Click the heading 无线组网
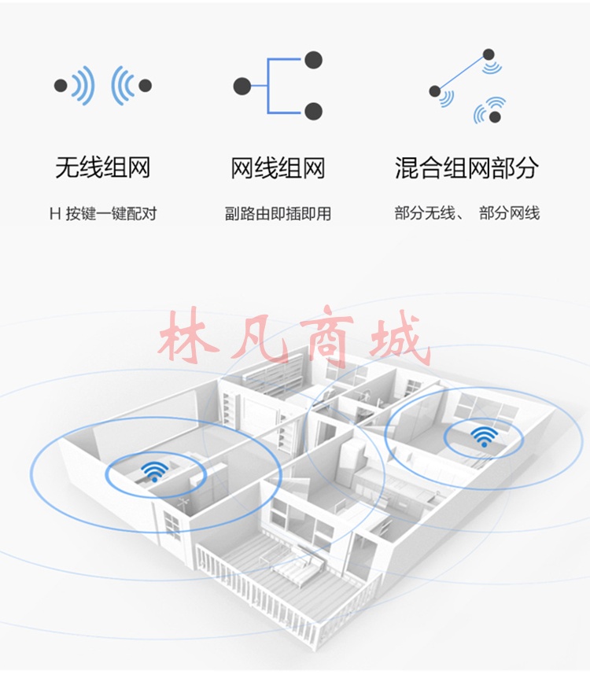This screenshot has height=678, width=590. (103, 168)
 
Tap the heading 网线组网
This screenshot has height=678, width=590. (278, 168)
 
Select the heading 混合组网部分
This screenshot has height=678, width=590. (466, 168)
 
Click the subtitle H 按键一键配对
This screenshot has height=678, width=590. (103, 214)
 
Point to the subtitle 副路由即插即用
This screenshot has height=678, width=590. (278, 214)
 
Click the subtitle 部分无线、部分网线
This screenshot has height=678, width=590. (467, 213)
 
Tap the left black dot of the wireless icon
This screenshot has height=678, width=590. (61, 86)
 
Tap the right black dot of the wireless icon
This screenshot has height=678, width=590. (146, 86)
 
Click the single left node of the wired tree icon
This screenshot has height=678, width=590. (242, 87)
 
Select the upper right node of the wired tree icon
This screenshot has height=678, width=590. (313, 60)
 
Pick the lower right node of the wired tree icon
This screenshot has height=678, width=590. (313, 112)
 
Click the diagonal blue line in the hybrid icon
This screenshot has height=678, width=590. (462, 73)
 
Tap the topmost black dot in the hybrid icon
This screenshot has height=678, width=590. (489, 54)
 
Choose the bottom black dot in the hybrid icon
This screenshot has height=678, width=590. (495, 116)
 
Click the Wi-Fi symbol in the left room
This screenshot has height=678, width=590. (155, 471)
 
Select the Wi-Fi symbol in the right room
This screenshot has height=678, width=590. (485, 437)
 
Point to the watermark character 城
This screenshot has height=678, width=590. (400, 337)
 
